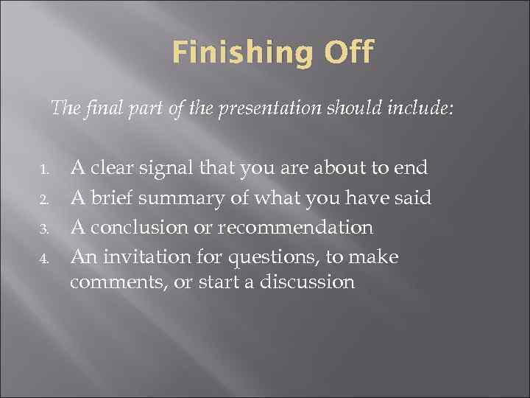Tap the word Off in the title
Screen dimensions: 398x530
coord(348,52)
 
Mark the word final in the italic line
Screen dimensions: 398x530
coord(96,109)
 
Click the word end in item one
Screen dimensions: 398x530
coord(411,169)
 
